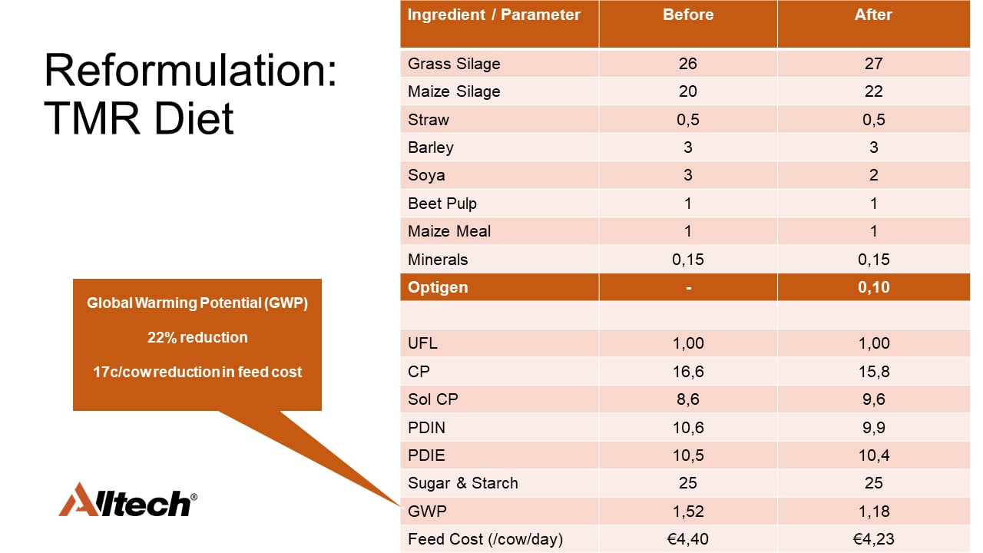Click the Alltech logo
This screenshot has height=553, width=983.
tap(127, 500)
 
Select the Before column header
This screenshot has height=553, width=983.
tap(688, 15)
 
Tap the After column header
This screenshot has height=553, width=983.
tap(873, 15)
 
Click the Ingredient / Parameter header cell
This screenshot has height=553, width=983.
tap(494, 15)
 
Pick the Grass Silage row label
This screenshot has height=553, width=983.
tap(454, 64)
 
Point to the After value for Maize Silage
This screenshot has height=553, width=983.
tap(873, 91)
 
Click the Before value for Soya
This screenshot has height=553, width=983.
tap(688, 175)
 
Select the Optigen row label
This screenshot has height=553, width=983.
tap(438, 287)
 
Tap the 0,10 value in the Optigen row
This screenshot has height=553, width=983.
tap(873, 287)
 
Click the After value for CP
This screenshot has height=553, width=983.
tap(873, 372)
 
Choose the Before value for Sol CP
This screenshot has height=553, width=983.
tap(688, 399)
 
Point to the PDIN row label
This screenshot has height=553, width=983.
tap(427, 427)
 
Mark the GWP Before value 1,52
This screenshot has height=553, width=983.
tap(688, 512)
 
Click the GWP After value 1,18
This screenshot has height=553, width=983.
tap(873, 512)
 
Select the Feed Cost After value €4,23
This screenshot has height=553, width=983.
tap(873, 539)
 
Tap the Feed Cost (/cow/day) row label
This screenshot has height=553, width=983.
tap(485, 539)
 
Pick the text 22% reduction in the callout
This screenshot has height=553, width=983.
tap(197, 337)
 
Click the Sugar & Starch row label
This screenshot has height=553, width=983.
tap(463, 483)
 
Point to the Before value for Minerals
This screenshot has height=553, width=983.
tap(688, 260)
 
